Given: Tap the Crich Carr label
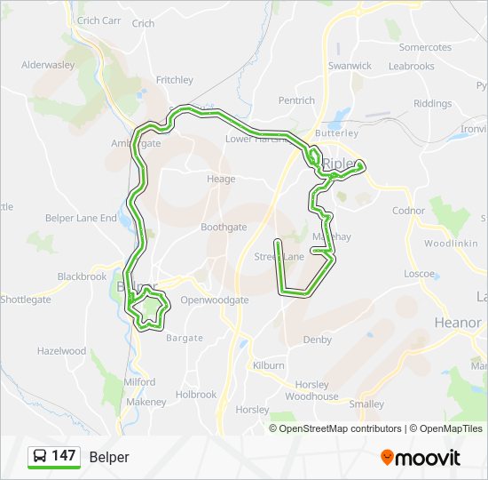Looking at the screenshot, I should coord(99,20).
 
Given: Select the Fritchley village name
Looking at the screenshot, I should coord(175,79).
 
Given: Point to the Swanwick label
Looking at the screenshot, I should coord(350,66).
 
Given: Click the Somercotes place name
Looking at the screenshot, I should coord(425,47).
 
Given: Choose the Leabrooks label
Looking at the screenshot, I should coord(412,66).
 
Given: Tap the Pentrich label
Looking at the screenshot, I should coord(296,100).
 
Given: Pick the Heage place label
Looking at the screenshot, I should coord(221,179).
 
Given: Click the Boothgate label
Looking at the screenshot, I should coord(224,228).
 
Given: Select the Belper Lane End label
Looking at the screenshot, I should coord(81,218).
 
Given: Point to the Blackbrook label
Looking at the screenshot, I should coord(82,276).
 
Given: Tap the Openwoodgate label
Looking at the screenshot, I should coord(215,300).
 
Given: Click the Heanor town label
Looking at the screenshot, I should coord(458,322).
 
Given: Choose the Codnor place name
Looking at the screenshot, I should coord(409,211).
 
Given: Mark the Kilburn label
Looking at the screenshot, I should coord(268,365).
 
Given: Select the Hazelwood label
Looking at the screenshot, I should coord(61,351).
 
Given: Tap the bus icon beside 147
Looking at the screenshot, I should coord(40,456).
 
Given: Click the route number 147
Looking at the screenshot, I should coord(64,456).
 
